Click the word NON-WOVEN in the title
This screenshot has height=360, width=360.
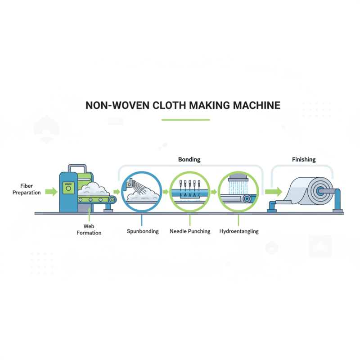point(111,105)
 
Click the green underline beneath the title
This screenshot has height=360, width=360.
point(185,120)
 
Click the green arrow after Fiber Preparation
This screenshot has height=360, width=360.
point(51,192)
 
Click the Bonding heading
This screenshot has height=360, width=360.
point(189,159)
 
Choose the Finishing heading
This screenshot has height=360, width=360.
point(304,159)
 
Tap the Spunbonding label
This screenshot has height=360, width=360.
point(143,232)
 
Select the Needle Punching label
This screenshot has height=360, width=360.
point(189,232)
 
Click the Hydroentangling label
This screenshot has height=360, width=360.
point(239,232)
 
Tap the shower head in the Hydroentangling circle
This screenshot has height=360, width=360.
point(238,178)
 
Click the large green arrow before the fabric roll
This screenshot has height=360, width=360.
point(271,192)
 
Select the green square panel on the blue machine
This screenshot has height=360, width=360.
point(68,188)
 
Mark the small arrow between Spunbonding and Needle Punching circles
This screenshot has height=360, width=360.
point(166,192)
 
